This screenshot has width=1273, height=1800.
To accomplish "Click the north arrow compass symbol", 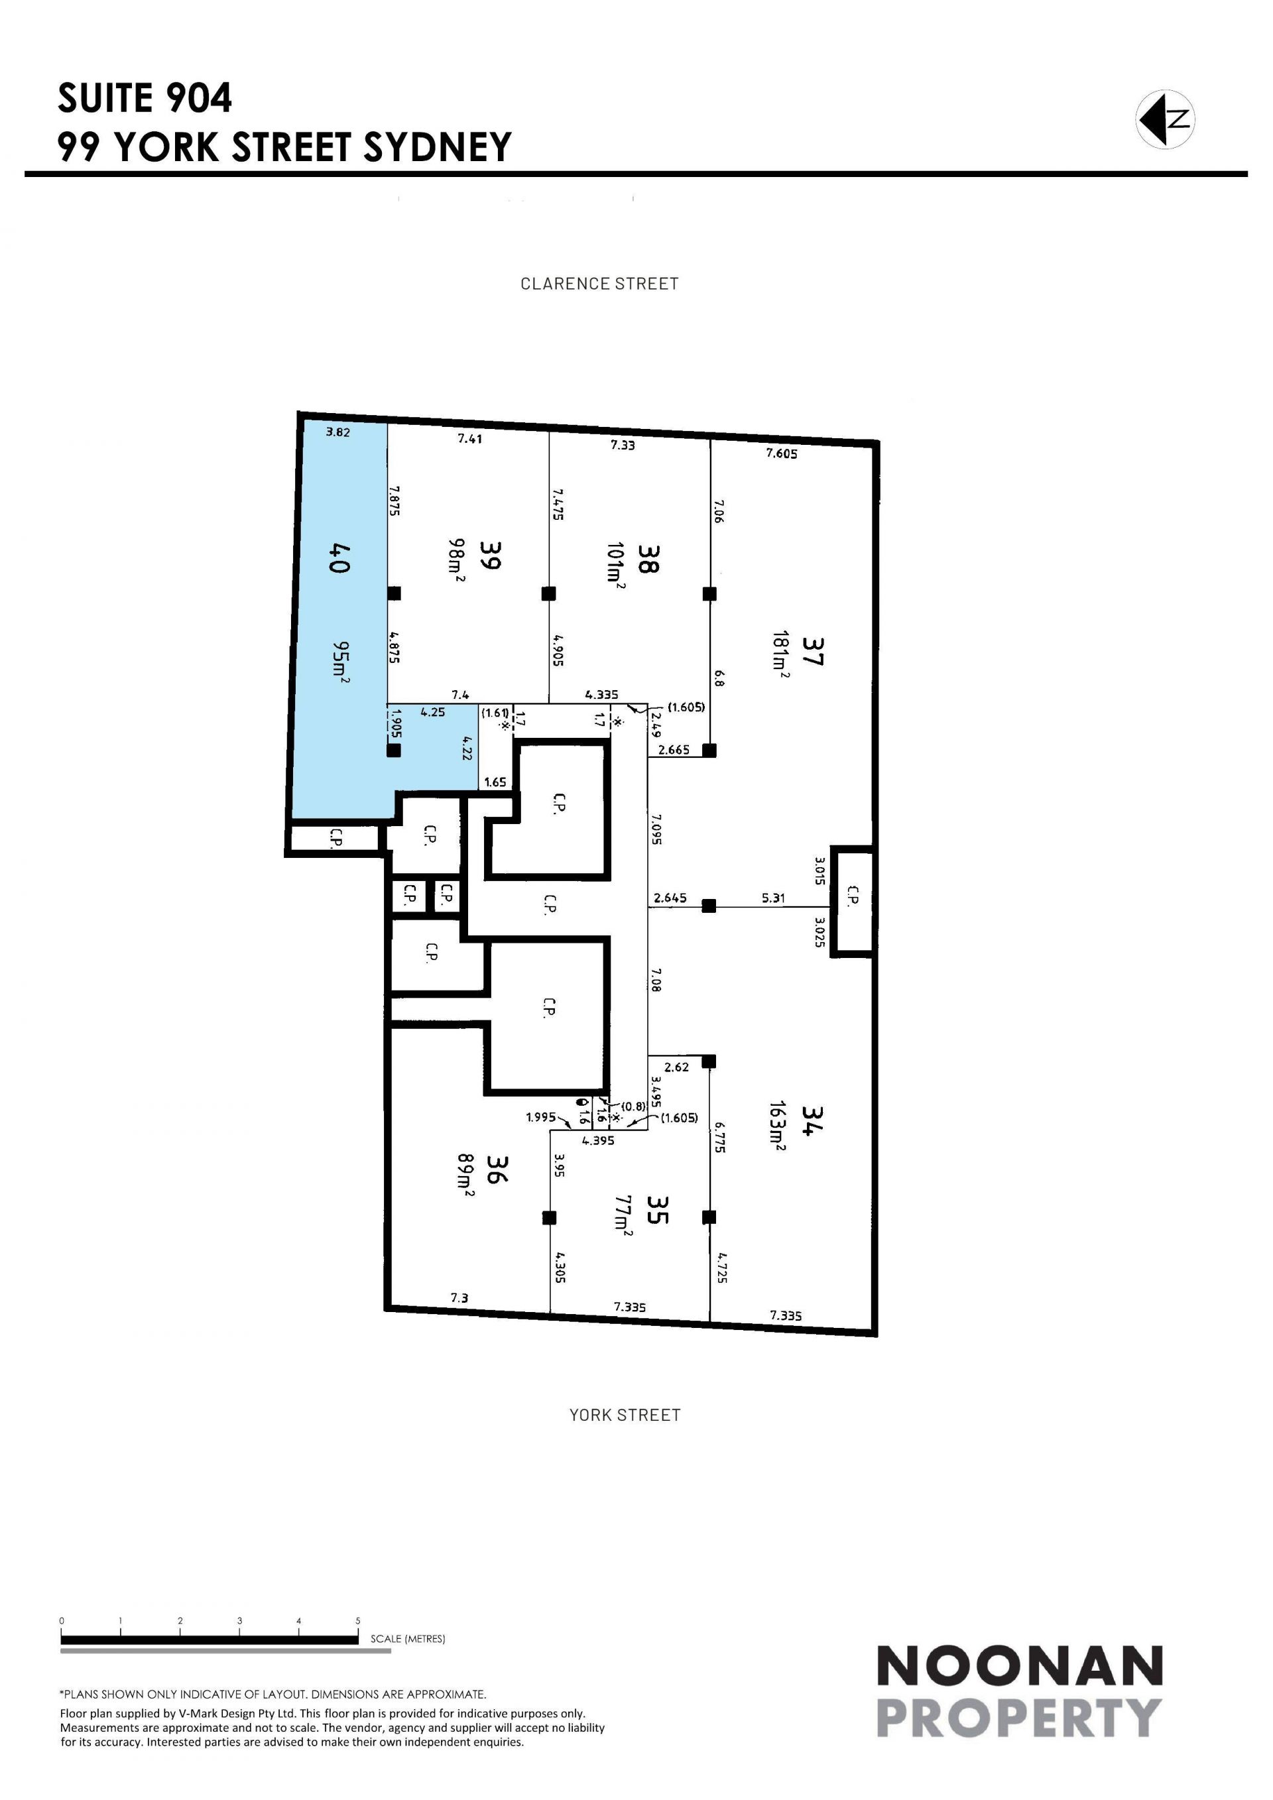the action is point(1165,119).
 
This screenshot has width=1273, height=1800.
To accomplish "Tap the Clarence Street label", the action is point(599,284).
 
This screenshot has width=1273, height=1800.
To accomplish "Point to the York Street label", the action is point(625,1415).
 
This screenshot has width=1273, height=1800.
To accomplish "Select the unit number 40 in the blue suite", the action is point(339,558).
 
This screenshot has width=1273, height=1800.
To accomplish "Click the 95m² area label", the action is point(340,662).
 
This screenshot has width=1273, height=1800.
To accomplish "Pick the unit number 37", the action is point(813,650).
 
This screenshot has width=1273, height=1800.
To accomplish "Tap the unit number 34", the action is point(812,1120).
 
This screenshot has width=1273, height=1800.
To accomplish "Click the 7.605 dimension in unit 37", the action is point(782,453).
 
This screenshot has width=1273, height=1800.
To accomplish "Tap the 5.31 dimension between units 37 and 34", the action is point(773,898).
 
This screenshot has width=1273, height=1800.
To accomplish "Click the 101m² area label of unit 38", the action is point(615,562).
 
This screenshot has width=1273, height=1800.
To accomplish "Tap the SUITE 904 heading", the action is point(145,98).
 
